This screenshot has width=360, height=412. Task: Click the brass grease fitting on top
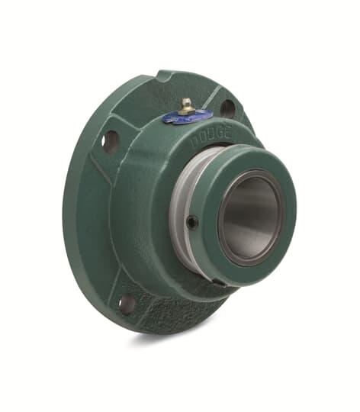[x=185, y=105]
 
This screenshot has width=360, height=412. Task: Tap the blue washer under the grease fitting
[x=188, y=117]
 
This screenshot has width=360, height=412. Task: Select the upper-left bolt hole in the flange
[x=111, y=140]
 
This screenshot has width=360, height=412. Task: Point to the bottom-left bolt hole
[x=127, y=303]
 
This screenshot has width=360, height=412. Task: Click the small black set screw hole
[x=191, y=222]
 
